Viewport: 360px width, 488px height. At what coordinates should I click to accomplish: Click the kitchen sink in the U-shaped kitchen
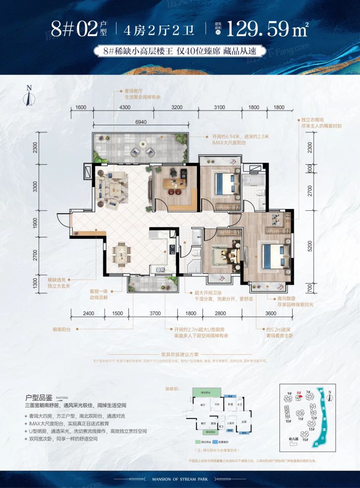(160, 269)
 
